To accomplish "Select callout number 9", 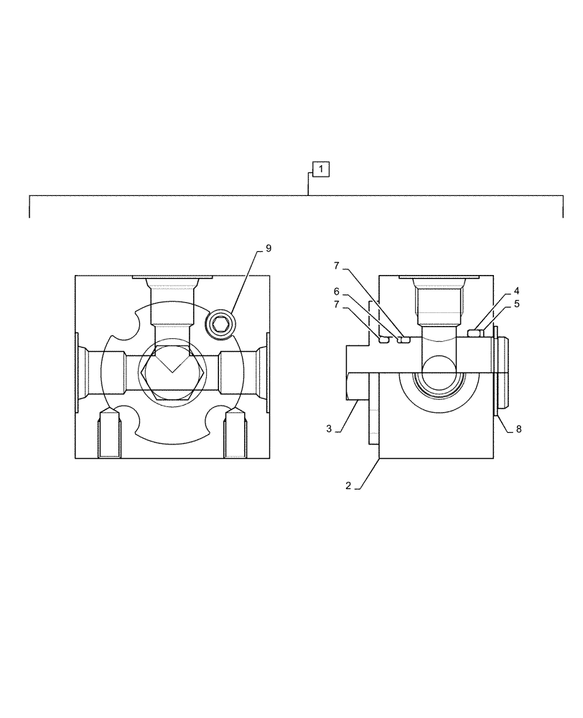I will [268, 248].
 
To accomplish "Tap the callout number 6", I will [336, 292].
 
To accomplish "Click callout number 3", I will [329, 429].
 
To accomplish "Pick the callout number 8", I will [519, 429].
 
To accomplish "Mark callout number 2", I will [348, 485].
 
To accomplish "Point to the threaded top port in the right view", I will [437, 300].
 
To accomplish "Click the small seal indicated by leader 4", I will [475, 332].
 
